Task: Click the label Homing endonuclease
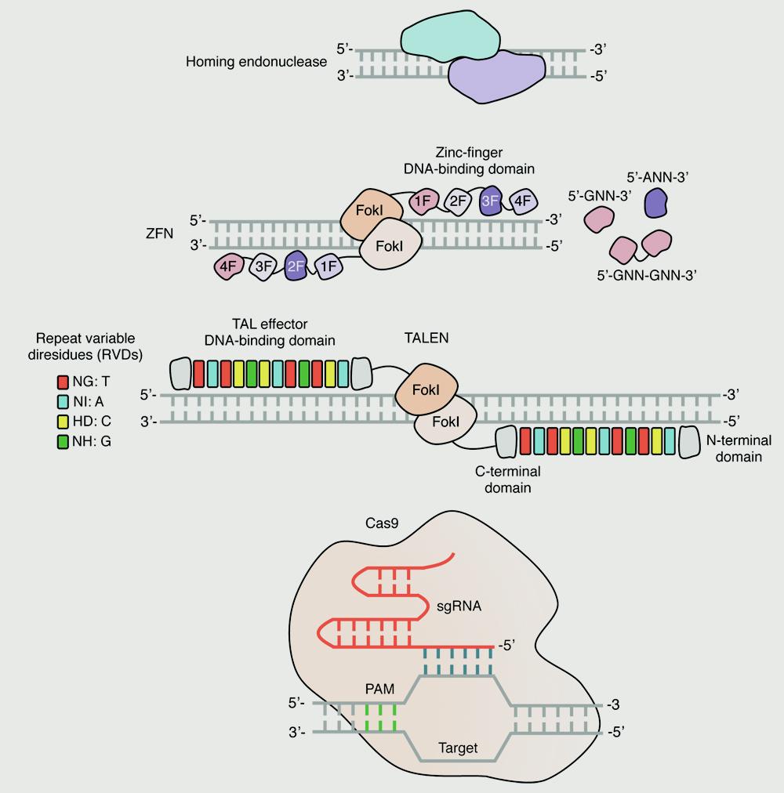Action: pyautogui.click(x=256, y=61)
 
